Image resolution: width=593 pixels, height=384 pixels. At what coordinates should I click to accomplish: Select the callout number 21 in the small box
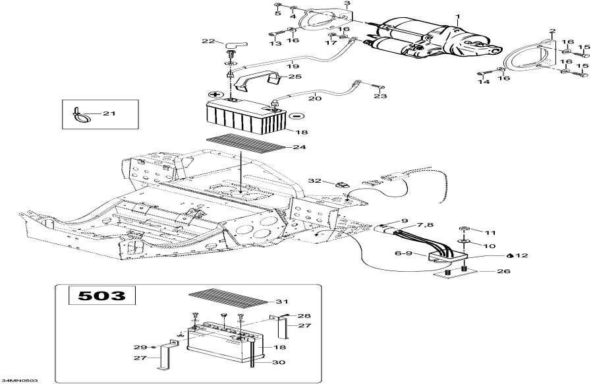click(109, 114)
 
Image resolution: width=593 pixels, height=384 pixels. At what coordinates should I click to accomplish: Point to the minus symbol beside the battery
click(295, 115)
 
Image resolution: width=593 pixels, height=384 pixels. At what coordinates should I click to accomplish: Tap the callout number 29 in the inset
click(138, 347)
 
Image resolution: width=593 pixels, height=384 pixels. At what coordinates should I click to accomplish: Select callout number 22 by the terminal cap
click(208, 42)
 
